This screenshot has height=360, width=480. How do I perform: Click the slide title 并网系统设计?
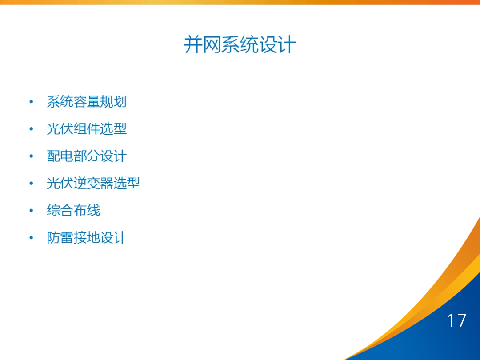(x=240, y=45)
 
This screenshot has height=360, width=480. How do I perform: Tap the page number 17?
(x=456, y=320)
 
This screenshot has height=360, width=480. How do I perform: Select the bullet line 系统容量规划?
(x=87, y=102)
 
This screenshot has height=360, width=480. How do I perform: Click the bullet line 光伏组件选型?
(x=87, y=129)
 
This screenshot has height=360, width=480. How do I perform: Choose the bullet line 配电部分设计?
(x=87, y=156)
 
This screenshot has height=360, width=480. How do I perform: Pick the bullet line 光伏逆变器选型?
(x=93, y=183)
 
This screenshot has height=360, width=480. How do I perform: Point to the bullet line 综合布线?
(x=73, y=210)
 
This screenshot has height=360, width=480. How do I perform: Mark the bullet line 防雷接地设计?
(x=87, y=237)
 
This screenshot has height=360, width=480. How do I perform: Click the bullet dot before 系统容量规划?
(x=31, y=102)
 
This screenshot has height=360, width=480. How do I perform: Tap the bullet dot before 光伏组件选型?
(x=31, y=129)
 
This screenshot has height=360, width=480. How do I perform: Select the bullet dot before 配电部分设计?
(x=31, y=156)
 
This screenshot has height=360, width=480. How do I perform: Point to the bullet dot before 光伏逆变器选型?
(x=31, y=184)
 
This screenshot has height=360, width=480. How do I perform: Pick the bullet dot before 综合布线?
(x=31, y=211)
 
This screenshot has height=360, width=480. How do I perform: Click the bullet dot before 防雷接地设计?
(x=31, y=238)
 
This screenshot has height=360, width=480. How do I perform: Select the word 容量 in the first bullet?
(x=87, y=102)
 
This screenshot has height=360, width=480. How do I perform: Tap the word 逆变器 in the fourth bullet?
(x=93, y=183)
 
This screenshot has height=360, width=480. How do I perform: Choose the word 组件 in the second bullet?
(x=87, y=129)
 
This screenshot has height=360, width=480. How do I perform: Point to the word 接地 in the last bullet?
(x=87, y=237)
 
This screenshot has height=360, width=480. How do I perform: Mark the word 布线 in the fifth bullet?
(x=87, y=210)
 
